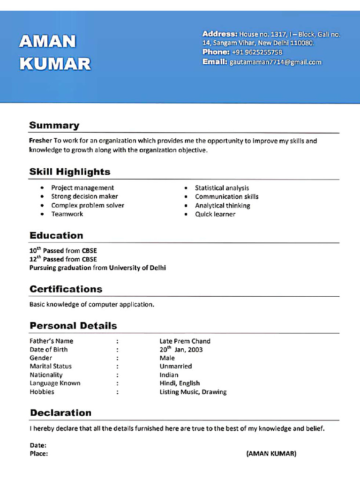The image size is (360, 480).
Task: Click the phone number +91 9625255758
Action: (x=257, y=52)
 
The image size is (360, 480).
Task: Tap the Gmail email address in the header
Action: (x=276, y=62)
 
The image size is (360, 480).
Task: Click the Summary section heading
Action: (x=54, y=125)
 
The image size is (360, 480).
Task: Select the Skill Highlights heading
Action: (x=70, y=172)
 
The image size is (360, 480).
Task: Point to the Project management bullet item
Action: (x=82, y=188)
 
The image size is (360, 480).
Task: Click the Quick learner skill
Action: (x=215, y=214)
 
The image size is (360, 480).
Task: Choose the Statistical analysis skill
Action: (x=222, y=188)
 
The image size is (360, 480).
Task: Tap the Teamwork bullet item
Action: (x=67, y=214)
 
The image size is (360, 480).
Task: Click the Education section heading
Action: (x=56, y=235)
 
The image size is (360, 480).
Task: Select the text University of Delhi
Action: (x=137, y=268)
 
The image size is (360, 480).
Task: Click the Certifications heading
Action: (x=66, y=289)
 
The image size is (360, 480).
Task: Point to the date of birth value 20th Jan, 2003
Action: (x=181, y=350)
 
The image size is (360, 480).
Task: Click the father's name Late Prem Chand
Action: (x=185, y=341)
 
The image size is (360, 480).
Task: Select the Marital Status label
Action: (x=51, y=366)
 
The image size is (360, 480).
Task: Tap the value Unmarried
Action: (x=175, y=366)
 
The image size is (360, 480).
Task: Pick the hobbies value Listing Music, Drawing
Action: (x=193, y=392)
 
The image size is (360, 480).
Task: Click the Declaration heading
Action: (x=60, y=412)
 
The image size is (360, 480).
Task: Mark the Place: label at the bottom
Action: (x=39, y=454)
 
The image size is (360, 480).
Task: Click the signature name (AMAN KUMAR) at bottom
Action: (x=271, y=454)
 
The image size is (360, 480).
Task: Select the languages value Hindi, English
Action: (x=180, y=383)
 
